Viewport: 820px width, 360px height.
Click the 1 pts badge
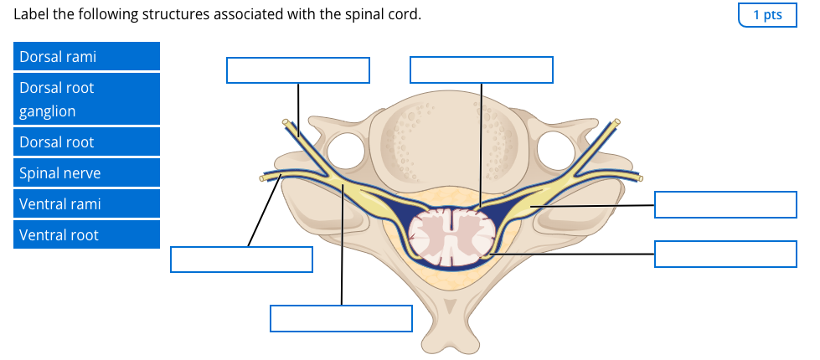click(767, 15)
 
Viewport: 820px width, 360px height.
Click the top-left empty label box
click(298, 70)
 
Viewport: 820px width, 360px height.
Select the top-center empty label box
click(482, 70)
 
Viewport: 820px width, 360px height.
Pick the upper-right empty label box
click(725, 204)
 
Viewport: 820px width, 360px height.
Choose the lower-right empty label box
click(725, 254)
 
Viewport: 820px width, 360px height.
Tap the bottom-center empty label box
click(341, 318)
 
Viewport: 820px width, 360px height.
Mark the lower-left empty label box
click(241, 260)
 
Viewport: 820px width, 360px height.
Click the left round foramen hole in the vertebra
click(345, 151)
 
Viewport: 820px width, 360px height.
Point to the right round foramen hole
click(556, 151)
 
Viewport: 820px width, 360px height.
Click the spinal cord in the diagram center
click(451, 236)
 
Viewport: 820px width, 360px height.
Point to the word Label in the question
click(31, 15)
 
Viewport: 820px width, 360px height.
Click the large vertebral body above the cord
click(451, 142)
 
